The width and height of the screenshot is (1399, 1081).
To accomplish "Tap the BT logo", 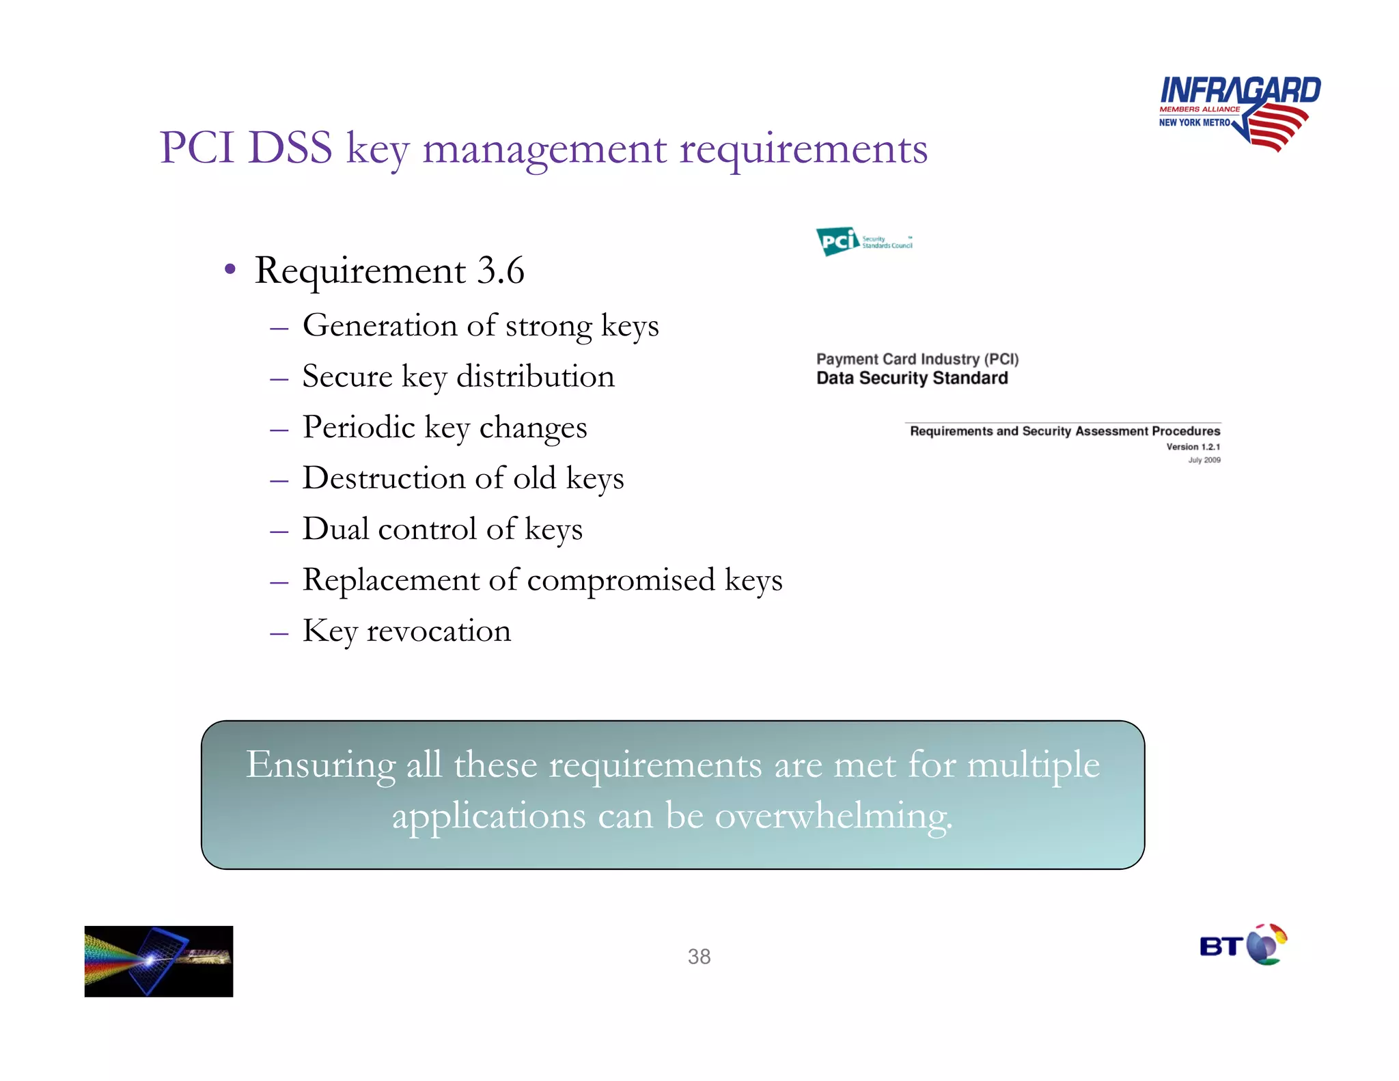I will [1243, 946].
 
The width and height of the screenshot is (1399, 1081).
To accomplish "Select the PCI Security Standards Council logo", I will [863, 241].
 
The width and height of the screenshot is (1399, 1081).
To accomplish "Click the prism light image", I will [158, 961].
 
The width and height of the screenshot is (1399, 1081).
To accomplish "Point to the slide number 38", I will [699, 957].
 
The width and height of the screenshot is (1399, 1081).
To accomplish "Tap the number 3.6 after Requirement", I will [500, 271].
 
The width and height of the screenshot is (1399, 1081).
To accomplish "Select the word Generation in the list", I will [380, 325].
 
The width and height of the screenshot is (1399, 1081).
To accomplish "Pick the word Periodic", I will [358, 428].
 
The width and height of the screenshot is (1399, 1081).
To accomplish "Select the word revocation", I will [439, 631].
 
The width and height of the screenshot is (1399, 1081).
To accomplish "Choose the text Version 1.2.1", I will [1193, 447].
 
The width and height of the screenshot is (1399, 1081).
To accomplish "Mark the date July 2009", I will [1204, 460].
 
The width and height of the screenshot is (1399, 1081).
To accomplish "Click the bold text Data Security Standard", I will [912, 378].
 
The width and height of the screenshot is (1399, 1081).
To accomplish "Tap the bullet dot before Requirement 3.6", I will [230, 271].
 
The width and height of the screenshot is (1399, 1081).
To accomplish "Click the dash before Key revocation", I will [279, 633].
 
